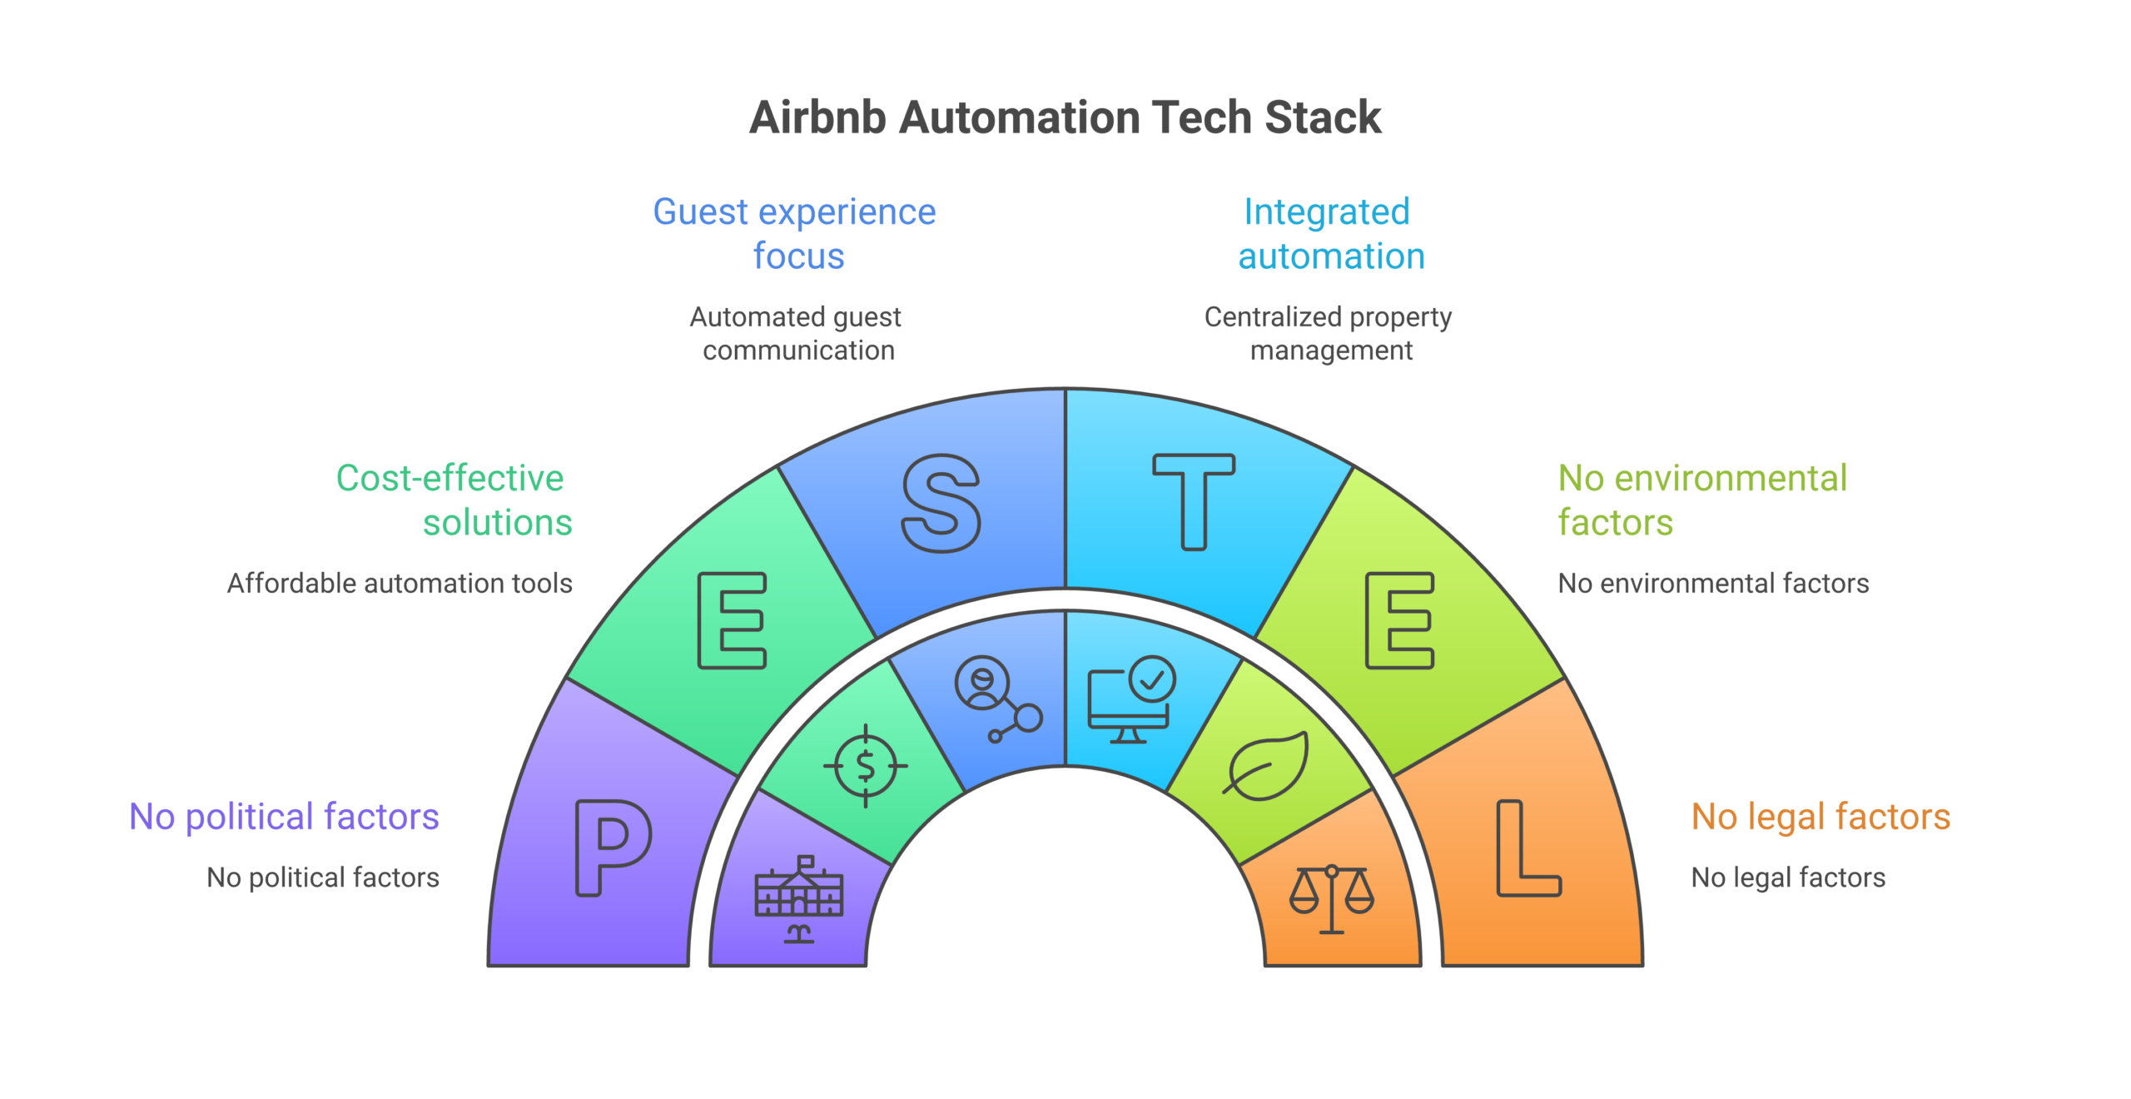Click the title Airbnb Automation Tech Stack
pos(1065,117)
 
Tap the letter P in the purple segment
pos(612,848)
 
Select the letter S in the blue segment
pos(941,503)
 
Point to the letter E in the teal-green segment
pos(732,620)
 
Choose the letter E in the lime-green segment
pos(1399,620)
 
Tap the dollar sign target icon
pos(866,766)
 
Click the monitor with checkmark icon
pos(1131,699)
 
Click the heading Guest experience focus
pos(795,234)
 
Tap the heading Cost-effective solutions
pos(454,500)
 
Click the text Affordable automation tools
pos(400,584)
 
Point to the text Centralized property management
pos(1329,333)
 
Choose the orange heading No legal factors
pos(1821,817)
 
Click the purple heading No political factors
pos(284,817)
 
